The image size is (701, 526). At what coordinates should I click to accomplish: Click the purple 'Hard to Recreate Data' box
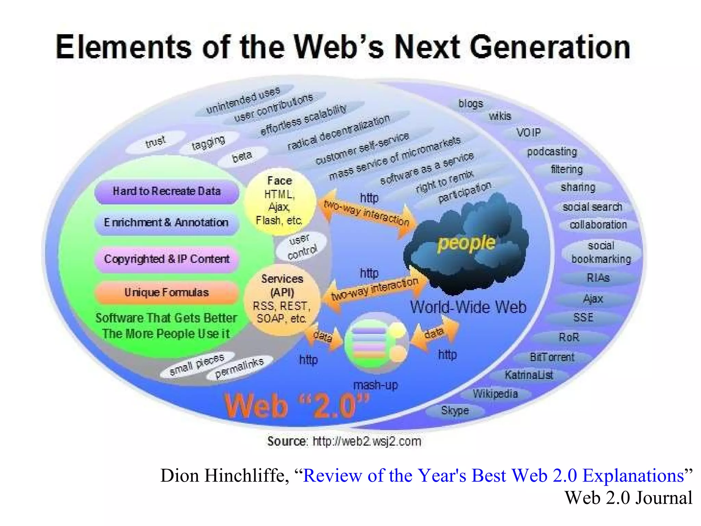167,191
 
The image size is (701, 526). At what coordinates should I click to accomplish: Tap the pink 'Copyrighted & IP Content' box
167,259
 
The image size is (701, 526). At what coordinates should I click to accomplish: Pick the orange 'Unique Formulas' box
167,293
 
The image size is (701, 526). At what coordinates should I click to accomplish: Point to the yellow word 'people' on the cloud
466,243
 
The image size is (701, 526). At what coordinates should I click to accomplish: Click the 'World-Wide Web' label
468,307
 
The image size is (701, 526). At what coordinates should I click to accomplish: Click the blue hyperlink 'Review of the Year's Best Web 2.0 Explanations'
493,476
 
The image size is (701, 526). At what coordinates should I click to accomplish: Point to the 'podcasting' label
552,152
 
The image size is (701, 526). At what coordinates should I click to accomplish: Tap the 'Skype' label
455,410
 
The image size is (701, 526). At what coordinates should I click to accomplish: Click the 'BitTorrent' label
552,358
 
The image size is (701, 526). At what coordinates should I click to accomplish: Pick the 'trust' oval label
155,142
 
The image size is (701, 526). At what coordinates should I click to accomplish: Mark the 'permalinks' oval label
240,368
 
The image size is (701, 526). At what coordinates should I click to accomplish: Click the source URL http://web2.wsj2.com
367,441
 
